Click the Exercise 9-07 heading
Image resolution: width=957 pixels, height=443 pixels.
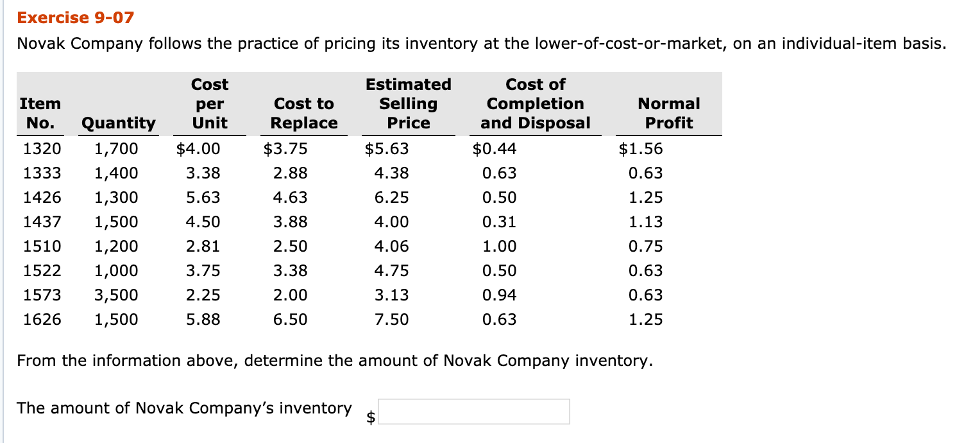[x=76, y=17]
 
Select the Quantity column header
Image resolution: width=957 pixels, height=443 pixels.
[x=118, y=123]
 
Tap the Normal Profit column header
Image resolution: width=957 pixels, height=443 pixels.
[x=669, y=113]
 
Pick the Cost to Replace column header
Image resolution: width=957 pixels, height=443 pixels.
[x=304, y=113]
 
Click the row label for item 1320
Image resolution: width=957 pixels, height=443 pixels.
[x=42, y=150]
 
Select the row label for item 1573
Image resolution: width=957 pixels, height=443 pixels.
[x=42, y=295]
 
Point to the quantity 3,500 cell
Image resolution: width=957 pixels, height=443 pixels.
[x=116, y=295]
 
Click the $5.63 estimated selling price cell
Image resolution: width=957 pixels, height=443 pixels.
[x=387, y=150]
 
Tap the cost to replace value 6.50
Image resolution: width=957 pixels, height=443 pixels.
[x=290, y=320]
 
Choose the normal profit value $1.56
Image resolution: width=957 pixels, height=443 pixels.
[x=641, y=150]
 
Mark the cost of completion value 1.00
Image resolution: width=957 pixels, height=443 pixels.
[x=499, y=247]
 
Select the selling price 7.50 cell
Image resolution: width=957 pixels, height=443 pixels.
[x=391, y=320]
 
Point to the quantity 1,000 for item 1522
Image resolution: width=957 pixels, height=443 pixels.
[x=116, y=271]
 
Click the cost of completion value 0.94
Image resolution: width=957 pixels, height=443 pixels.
[x=499, y=295]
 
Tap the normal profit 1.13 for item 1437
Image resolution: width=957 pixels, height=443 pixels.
[x=646, y=222]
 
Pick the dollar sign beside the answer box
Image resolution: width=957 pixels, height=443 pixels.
[x=371, y=417]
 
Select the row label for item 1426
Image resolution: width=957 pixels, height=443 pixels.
[x=42, y=198]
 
